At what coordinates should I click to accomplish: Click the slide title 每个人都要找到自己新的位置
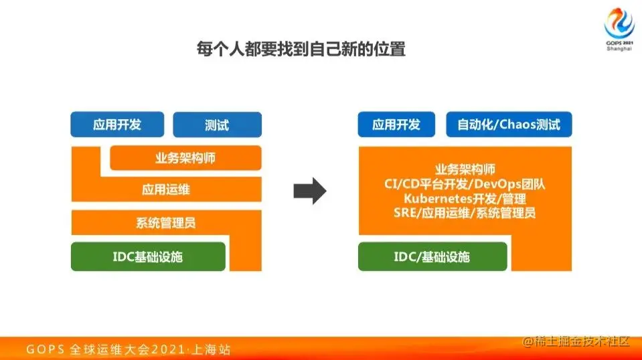(301, 50)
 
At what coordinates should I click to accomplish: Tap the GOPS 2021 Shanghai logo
(619, 29)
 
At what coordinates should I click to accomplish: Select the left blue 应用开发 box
(117, 124)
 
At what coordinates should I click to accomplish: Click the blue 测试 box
(217, 125)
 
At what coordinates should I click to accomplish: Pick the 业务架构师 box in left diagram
(185, 159)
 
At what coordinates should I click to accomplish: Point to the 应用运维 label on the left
(166, 189)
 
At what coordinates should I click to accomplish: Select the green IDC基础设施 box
(148, 256)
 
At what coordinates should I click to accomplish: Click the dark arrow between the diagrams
(309, 191)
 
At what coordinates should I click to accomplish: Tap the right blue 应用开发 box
(396, 124)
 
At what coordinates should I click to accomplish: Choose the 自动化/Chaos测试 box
(509, 124)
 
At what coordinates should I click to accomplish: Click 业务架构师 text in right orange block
(465, 169)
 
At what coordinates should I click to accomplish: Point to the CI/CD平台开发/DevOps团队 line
(465, 184)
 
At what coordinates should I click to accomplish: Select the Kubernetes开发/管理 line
(465, 199)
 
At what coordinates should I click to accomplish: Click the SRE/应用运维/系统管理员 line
(465, 213)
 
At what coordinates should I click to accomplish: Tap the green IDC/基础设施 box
(432, 256)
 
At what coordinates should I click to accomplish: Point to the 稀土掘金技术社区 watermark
(577, 342)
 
